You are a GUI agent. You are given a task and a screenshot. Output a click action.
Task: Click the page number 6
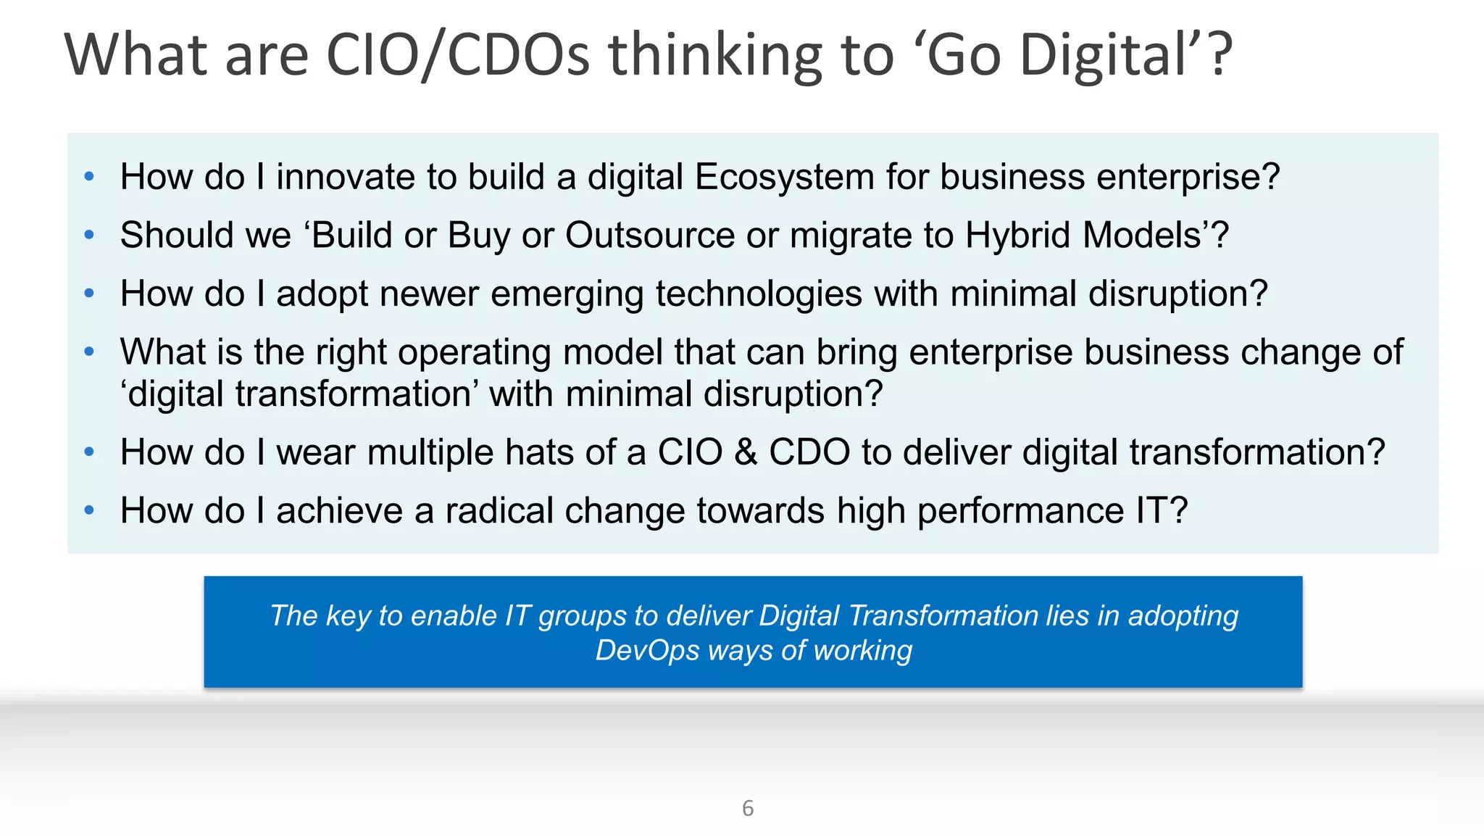click(x=748, y=807)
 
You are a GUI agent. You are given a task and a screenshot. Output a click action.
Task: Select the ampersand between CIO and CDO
click(x=746, y=452)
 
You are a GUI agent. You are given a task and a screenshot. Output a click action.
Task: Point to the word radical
click(x=492, y=511)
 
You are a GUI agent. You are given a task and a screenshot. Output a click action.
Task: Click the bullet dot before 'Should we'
click(x=89, y=235)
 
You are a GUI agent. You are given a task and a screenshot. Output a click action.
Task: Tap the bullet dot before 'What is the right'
click(x=89, y=352)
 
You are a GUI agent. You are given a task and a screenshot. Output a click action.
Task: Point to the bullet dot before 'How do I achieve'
click(x=89, y=510)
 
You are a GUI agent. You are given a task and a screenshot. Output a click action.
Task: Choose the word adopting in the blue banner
click(x=1183, y=615)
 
